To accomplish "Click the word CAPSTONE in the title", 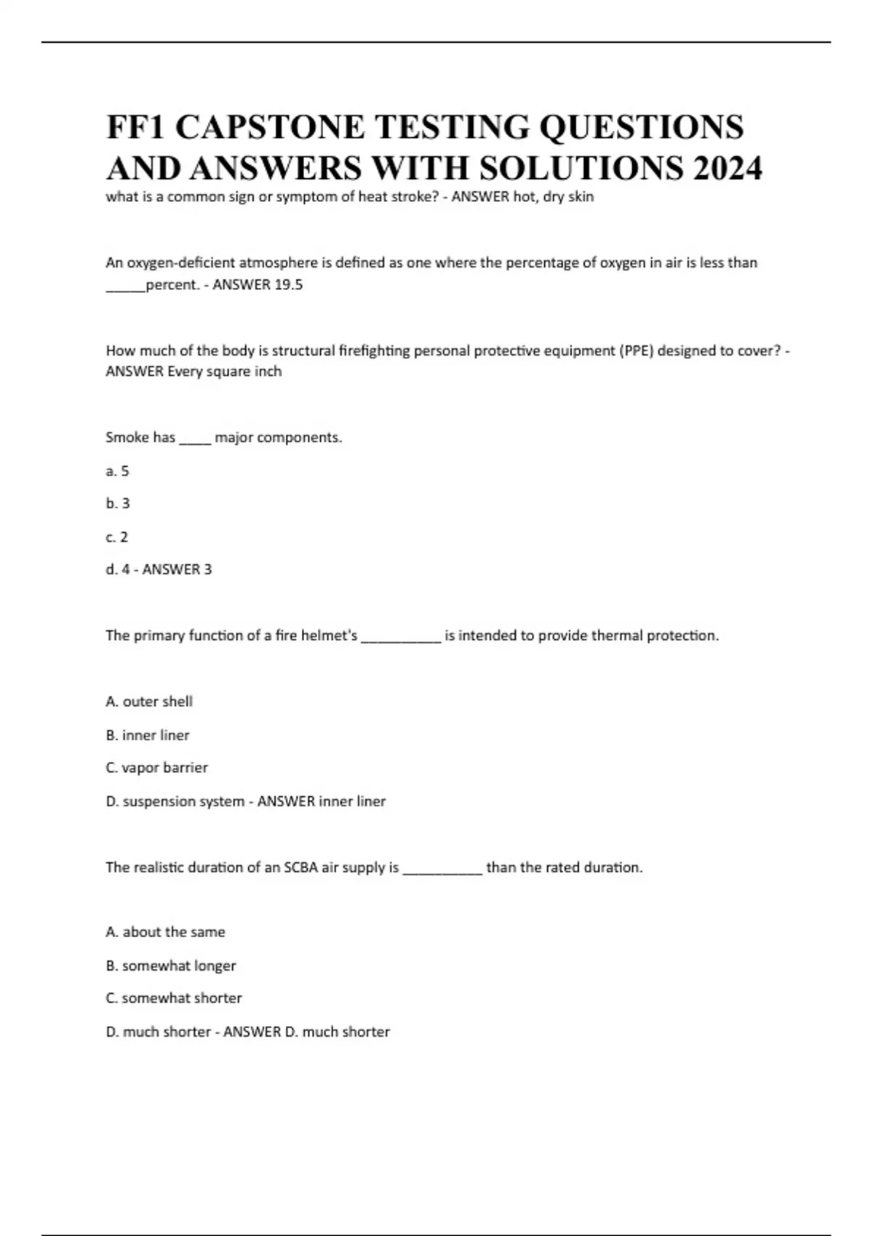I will click(270, 127).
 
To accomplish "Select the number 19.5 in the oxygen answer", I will click(288, 285).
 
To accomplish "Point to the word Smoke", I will click(127, 438).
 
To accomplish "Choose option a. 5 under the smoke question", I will click(117, 471).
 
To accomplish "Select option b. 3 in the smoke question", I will click(118, 503).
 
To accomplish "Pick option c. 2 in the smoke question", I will click(117, 537).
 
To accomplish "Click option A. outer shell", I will click(149, 702).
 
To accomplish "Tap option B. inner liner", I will click(148, 735).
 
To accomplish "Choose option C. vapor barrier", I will click(156, 768).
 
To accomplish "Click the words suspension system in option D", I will click(183, 801).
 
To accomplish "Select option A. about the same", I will click(165, 932).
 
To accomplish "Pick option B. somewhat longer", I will click(171, 966).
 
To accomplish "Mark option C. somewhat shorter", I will click(174, 998).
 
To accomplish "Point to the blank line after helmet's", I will click(401, 637).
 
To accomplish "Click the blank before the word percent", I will click(125, 286).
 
